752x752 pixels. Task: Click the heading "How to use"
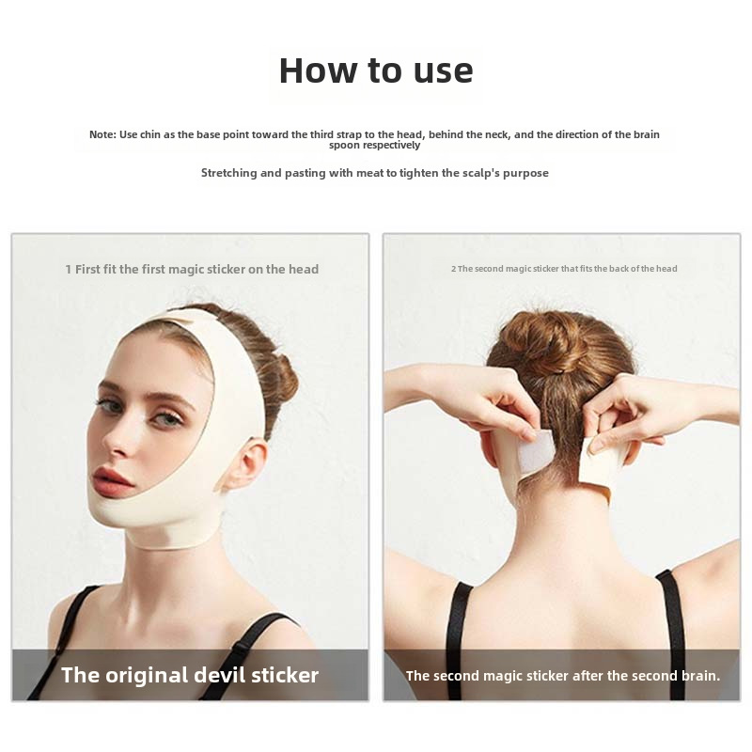click(376, 70)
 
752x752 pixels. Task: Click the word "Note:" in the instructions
click(102, 134)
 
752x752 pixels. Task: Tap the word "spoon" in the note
click(345, 145)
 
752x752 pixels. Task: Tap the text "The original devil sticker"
click(190, 675)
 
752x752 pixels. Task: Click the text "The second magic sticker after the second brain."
click(562, 675)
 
